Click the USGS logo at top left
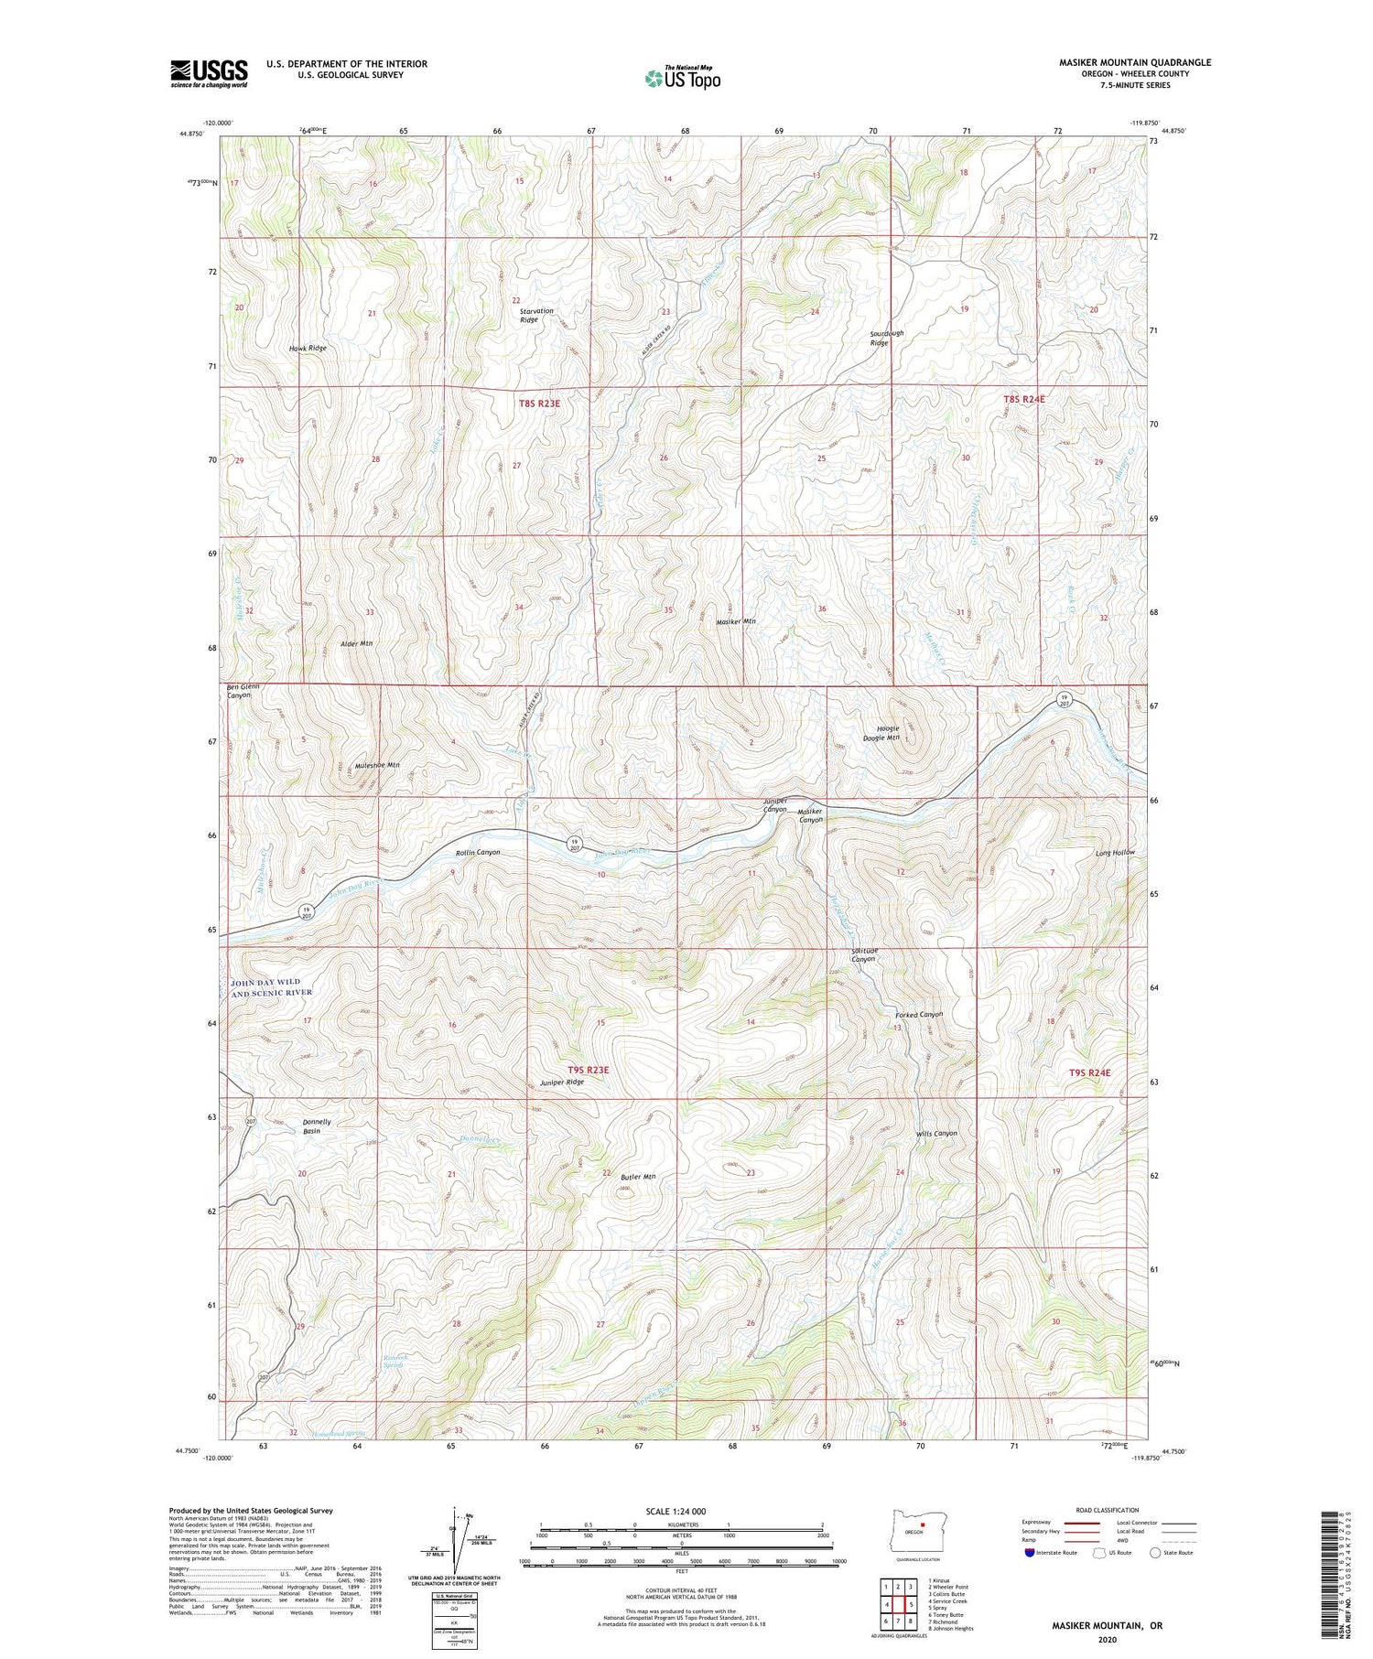coord(209,73)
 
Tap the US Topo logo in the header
coord(682,79)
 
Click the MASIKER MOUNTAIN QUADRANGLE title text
coord(1133,62)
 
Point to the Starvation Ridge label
coord(536,316)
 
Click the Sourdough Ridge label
coord(886,338)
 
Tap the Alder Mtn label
coord(356,644)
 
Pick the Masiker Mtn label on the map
coord(736,621)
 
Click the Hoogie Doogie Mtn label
coord(881,733)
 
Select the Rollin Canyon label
coord(478,852)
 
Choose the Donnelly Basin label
coord(317,1126)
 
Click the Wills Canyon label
coord(936,1133)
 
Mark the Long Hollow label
coord(1115,852)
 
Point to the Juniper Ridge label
coord(561,1082)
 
